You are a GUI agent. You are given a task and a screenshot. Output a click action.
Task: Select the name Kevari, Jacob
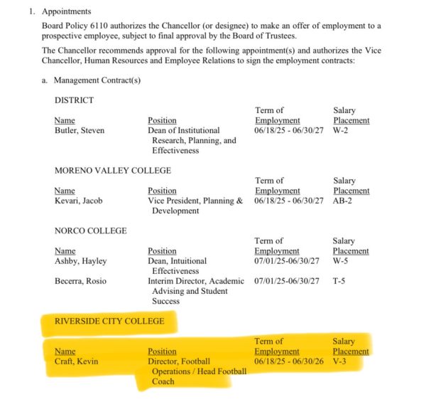(x=78, y=201)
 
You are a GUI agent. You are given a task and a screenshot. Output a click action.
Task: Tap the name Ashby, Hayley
(x=80, y=261)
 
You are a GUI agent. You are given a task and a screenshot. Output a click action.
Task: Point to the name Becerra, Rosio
(x=80, y=281)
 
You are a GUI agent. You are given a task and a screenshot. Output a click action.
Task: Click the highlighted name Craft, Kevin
(x=77, y=361)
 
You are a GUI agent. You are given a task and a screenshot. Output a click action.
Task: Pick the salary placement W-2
(x=342, y=130)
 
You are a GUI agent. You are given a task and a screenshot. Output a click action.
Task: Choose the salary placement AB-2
(x=344, y=201)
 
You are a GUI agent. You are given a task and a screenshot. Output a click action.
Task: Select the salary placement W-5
(x=342, y=261)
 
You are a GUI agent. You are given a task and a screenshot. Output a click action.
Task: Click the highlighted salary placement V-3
(x=341, y=361)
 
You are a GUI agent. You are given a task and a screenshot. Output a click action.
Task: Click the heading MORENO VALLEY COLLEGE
(x=113, y=171)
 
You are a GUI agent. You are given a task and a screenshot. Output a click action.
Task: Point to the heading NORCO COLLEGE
(x=91, y=231)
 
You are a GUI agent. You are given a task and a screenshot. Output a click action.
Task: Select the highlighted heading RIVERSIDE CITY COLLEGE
(x=109, y=322)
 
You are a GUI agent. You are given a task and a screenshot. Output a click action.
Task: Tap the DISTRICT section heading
(x=74, y=100)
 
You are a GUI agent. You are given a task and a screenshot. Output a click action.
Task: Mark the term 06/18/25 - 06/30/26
(x=290, y=361)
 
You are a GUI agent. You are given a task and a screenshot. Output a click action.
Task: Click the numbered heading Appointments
(x=67, y=12)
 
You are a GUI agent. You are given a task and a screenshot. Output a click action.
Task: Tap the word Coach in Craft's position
(x=163, y=381)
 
